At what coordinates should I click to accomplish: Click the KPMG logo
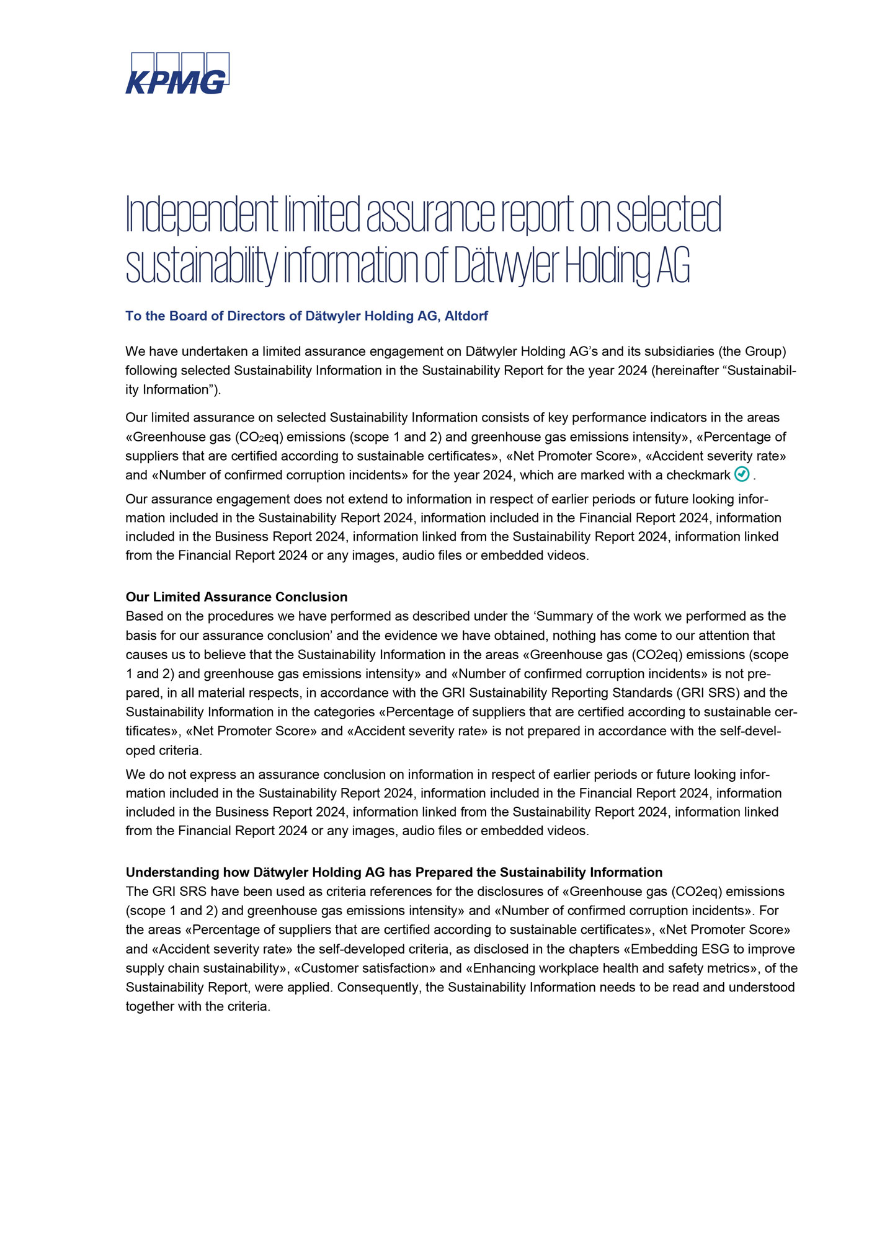click(177, 73)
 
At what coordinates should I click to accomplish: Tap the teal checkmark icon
click(742, 474)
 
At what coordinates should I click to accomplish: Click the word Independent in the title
click(202, 215)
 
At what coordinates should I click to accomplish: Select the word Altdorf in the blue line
click(466, 316)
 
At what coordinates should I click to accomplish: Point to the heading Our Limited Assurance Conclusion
click(236, 597)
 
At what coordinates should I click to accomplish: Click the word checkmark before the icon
click(698, 476)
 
